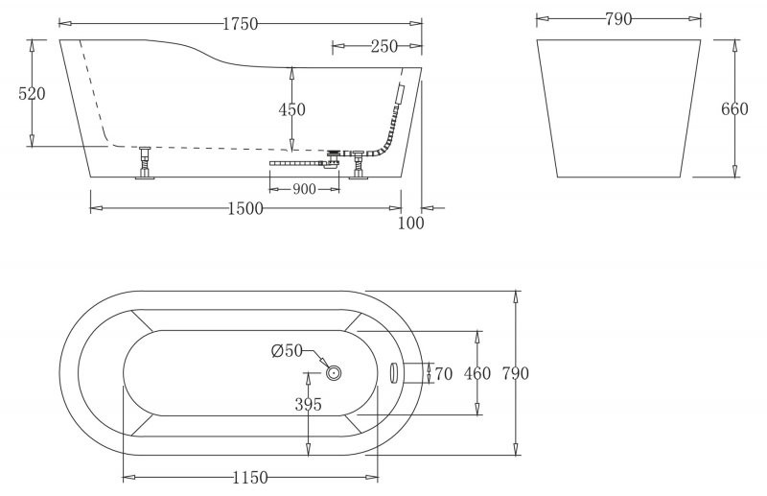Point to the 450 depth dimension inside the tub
tap(291, 110)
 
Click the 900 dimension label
tap(304, 189)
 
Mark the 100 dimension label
tap(410, 224)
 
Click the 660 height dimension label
tap(734, 109)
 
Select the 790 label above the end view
tap(618, 19)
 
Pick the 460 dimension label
tap(476, 373)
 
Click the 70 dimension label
tap(443, 373)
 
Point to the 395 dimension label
tap(308, 405)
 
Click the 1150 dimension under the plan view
tap(250, 478)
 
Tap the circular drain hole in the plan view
tap(334, 372)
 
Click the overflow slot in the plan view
tap(393, 372)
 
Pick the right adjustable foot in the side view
tap(360, 165)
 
